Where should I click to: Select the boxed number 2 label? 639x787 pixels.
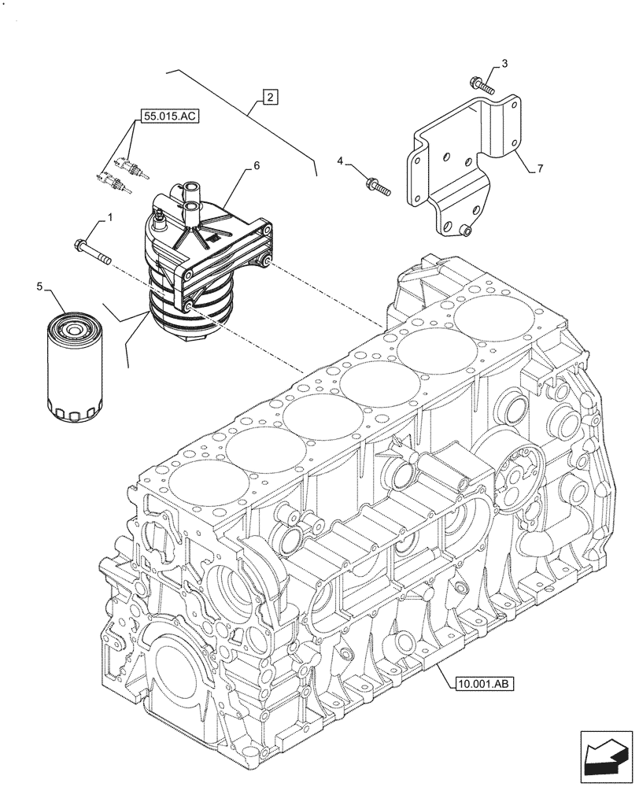click(269, 98)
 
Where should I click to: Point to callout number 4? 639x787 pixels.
click(341, 161)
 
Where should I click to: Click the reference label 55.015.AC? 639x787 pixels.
click(171, 116)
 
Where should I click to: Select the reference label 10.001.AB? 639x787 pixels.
click(484, 683)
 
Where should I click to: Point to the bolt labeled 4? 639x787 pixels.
click(377, 187)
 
